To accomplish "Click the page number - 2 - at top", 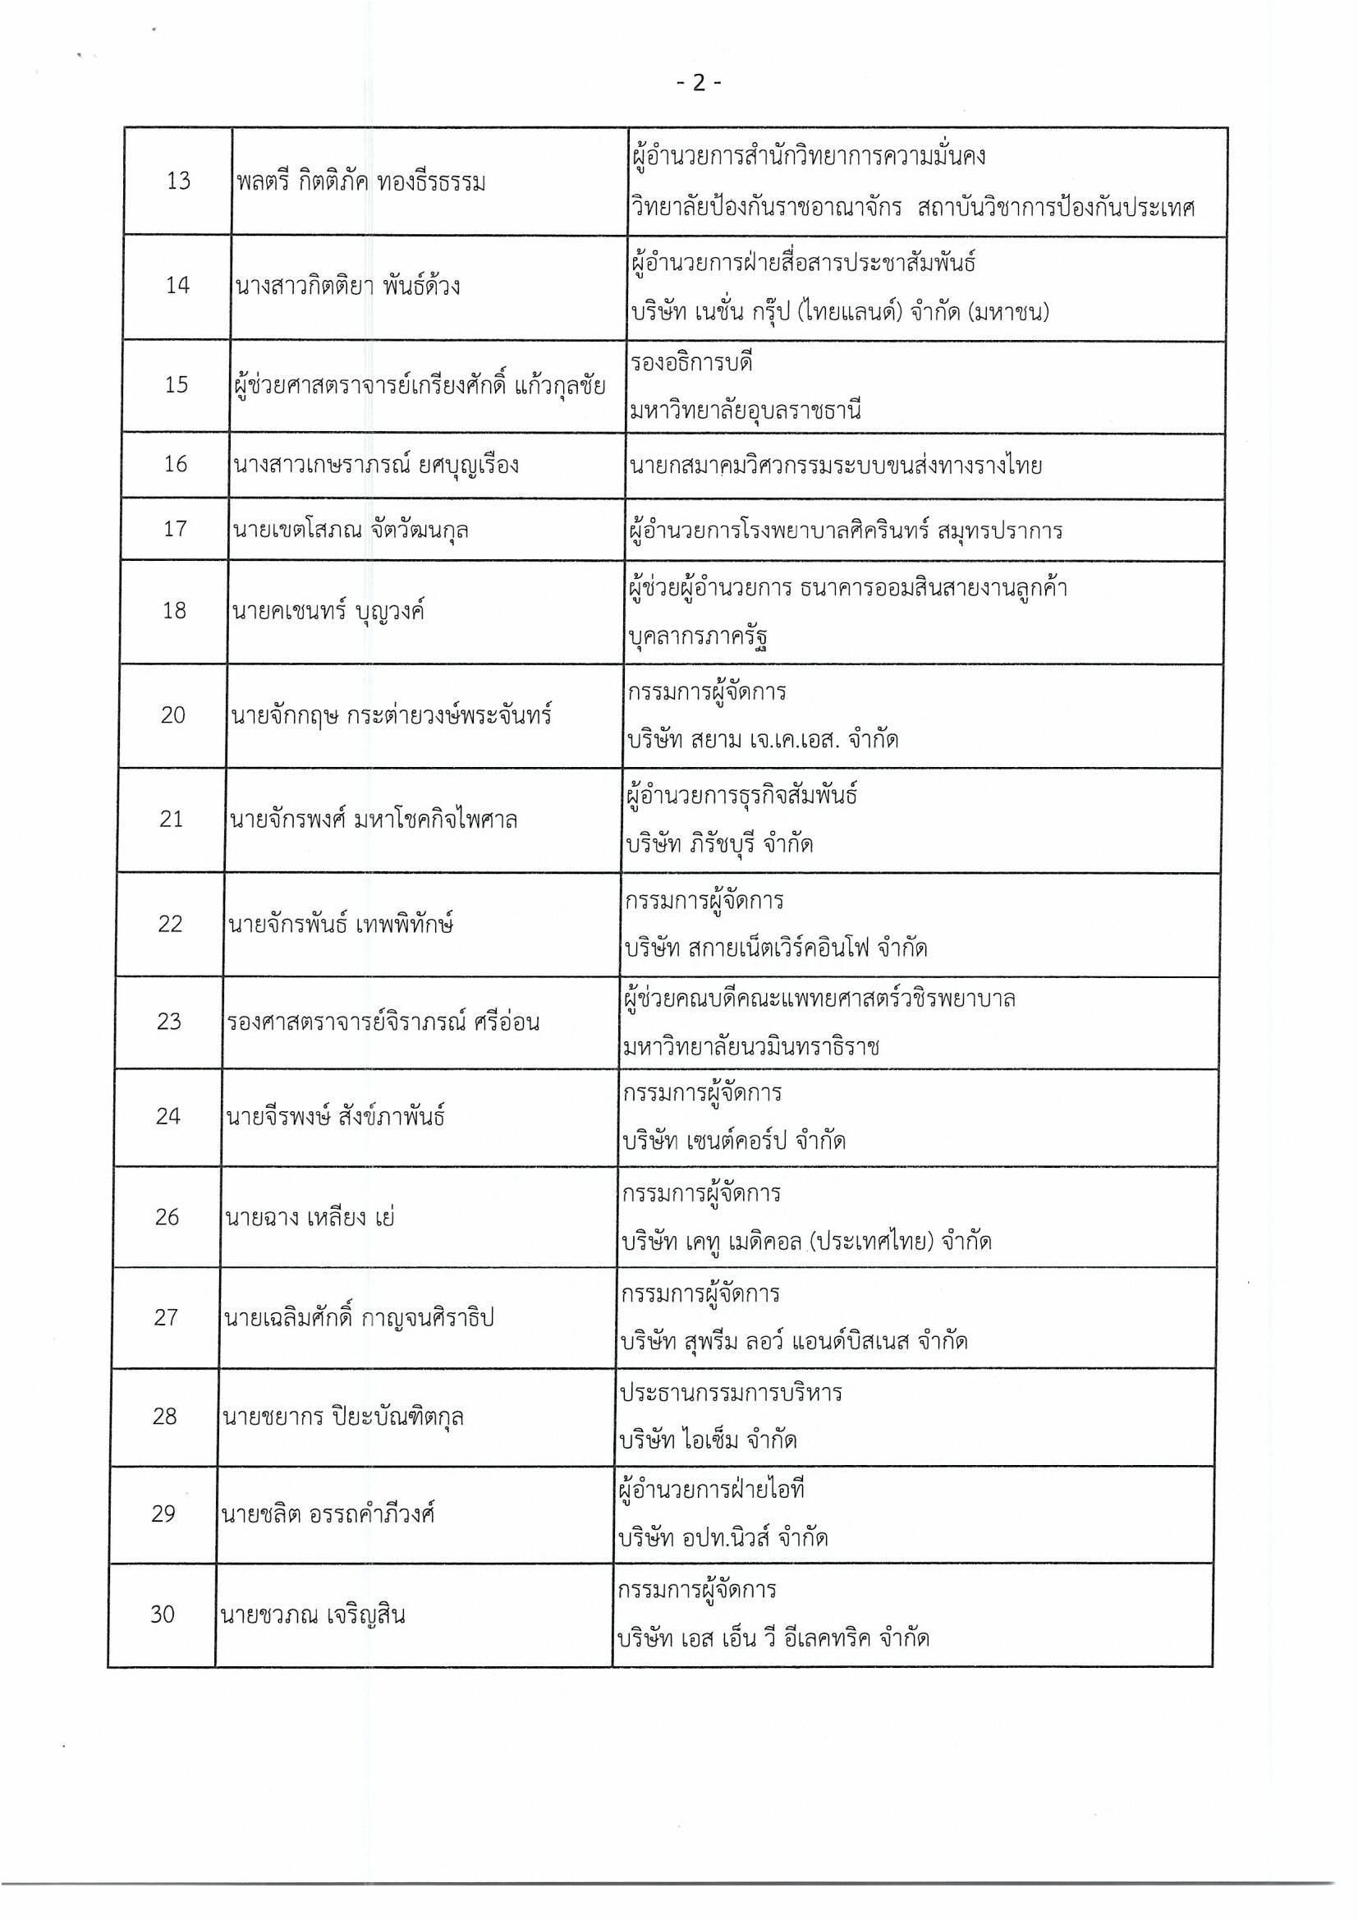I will [697, 83].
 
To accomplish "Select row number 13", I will [178, 181].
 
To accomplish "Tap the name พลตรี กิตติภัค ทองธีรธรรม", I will [360, 181].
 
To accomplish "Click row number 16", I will [176, 464].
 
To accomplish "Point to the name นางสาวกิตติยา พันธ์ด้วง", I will [348, 286].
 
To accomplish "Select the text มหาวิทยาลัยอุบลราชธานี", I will [746, 411].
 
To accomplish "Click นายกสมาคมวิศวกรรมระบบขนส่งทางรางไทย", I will [836, 465].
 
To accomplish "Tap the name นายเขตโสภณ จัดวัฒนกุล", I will [349, 530].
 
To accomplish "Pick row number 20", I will [173, 715].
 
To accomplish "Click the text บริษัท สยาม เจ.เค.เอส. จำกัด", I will [762, 739].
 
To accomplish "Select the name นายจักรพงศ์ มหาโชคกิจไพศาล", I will [373, 819].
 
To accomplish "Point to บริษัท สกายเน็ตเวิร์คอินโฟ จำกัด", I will [776, 949].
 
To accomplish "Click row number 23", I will [169, 1022].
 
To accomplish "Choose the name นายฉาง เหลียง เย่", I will [310, 1217].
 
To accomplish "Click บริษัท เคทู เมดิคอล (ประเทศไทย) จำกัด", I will [806, 1242].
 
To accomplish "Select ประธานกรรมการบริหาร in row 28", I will [731, 1392].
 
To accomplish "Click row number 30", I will [163, 1614].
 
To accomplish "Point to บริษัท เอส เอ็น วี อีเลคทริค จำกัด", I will [773, 1638].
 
